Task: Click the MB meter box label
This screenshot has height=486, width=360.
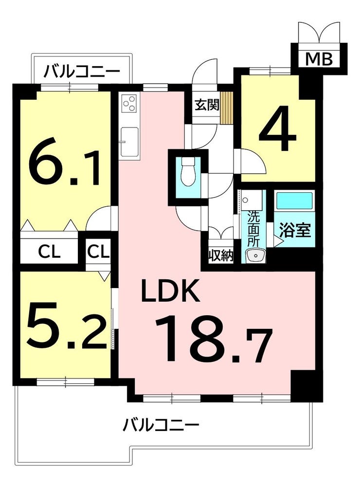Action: coord(319,59)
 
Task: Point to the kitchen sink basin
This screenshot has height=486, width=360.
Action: coord(129,142)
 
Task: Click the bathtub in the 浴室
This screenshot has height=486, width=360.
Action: coord(294,200)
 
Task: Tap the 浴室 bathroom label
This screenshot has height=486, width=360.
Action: coord(295,230)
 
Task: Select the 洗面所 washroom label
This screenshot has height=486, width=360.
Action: coord(253,229)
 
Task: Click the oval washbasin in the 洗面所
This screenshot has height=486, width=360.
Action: coord(255,256)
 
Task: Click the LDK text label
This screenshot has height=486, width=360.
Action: coord(170,290)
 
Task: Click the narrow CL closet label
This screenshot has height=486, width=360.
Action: coord(98,252)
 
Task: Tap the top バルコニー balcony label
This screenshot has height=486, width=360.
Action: coord(82,72)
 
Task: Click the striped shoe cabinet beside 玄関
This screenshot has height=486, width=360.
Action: coord(226,108)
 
